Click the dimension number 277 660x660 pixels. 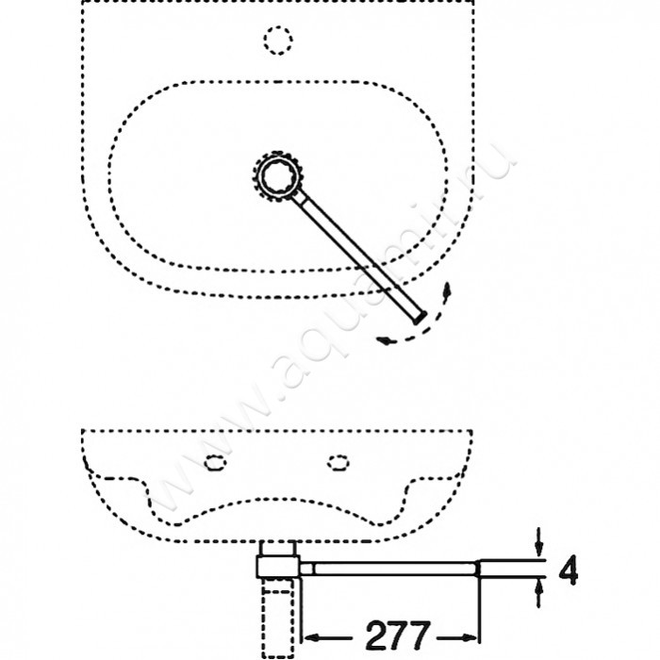[398, 635]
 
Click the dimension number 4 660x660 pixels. [569, 569]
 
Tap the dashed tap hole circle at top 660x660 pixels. [278, 40]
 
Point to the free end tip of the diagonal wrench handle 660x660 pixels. [421, 318]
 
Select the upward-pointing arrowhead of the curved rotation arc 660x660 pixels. [447, 290]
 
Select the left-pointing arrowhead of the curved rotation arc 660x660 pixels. [385, 340]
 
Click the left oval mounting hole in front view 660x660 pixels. [215, 462]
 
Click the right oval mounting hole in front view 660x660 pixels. [338, 462]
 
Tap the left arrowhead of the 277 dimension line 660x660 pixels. [310, 637]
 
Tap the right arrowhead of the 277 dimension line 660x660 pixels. [470, 637]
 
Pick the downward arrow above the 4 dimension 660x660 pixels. [538, 542]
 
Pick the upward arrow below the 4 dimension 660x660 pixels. [538, 593]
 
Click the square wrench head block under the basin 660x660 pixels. [278, 567]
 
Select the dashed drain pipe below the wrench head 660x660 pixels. [278, 618]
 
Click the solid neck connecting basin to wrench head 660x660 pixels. [278, 549]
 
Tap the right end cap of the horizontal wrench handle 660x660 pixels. [477, 569]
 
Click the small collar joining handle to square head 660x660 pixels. [306, 569]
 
